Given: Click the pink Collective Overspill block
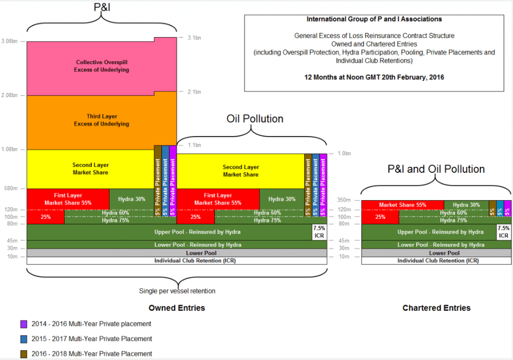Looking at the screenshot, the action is [102, 67].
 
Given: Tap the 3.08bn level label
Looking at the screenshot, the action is [9, 41].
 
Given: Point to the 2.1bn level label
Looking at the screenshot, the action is [194, 92].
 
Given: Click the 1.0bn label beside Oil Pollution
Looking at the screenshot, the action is [344, 153].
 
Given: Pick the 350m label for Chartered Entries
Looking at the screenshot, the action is [344, 200].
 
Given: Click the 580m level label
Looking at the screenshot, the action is [11, 188].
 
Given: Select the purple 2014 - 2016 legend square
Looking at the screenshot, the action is [24, 324].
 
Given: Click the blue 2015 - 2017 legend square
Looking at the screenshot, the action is [24, 339].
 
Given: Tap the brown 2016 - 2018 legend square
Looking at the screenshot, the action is [24, 354].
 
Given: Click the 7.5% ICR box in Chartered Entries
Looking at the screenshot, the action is [503, 232].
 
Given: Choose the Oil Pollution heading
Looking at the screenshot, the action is [255, 119].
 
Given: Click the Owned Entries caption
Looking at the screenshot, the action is [177, 308].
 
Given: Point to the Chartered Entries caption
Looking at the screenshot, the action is [436, 308].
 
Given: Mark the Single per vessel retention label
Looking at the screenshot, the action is [177, 291].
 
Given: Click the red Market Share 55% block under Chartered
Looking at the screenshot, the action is [403, 205].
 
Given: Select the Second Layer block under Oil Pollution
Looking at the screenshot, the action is [240, 171].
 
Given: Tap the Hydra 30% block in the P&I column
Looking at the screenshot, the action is [132, 199].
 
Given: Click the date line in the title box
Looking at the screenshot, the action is [374, 78].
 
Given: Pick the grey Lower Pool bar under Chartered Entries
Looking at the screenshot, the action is [436, 253].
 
